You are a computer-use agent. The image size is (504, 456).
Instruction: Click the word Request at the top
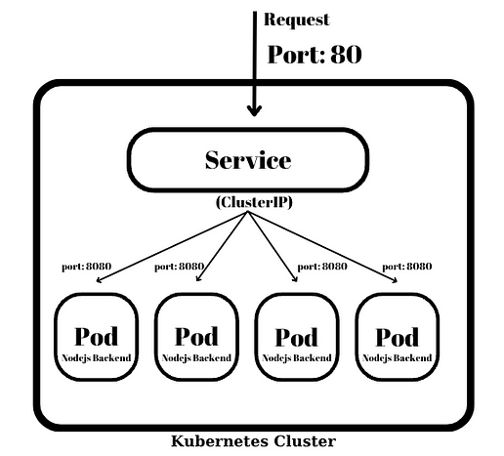coord(297,20)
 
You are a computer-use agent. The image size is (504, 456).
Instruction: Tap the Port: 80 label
coord(315,54)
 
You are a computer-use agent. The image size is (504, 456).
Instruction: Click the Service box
coord(249,159)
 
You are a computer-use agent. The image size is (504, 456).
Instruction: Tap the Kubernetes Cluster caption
coord(253,441)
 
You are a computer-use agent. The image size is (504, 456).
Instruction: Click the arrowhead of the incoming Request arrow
coord(256,110)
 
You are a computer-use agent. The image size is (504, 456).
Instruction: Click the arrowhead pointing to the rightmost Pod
coord(397,282)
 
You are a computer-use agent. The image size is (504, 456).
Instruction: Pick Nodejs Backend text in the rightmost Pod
coord(398,358)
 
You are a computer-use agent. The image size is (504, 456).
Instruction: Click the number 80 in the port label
coord(345,54)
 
